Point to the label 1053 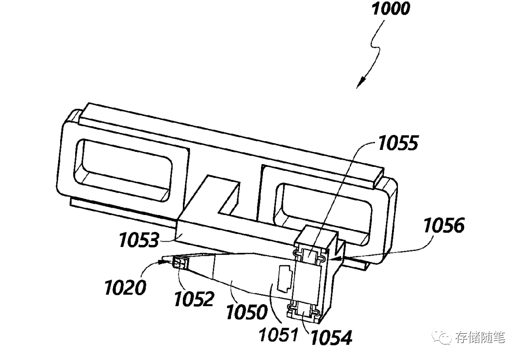click(138, 240)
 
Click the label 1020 click(124, 288)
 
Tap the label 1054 click(332, 337)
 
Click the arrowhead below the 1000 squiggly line click(360, 83)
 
